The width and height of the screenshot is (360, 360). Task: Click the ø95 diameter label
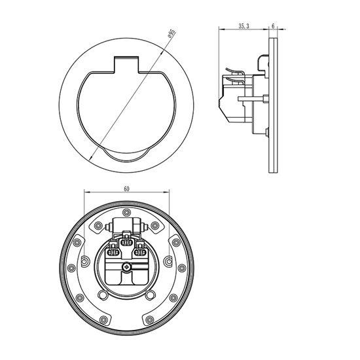(171, 33)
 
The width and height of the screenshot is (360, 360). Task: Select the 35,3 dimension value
(243, 26)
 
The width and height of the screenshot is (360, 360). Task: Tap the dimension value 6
(273, 26)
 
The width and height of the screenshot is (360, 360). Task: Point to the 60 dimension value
(126, 189)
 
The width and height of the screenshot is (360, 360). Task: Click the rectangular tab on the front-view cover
(126, 65)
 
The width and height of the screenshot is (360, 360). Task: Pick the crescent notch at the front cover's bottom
(126, 156)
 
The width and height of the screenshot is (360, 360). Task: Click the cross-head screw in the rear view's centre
(126, 267)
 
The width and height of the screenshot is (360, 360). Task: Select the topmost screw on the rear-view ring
(126, 212)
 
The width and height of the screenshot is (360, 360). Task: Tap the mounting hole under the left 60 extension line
(84, 262)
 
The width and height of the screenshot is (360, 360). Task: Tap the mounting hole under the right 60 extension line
(168, 262)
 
